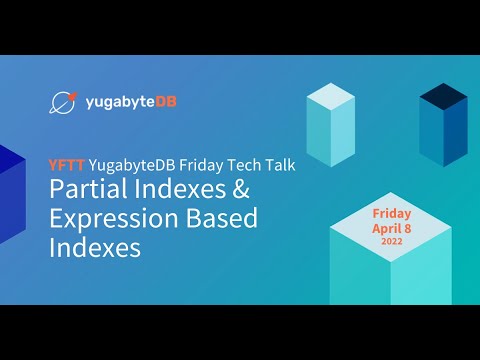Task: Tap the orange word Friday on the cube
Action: [392, 214]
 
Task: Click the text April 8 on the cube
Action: [392, 228]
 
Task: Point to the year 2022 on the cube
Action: [392, 241]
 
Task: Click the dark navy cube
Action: [443, 125]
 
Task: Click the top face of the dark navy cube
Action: [443, 95]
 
